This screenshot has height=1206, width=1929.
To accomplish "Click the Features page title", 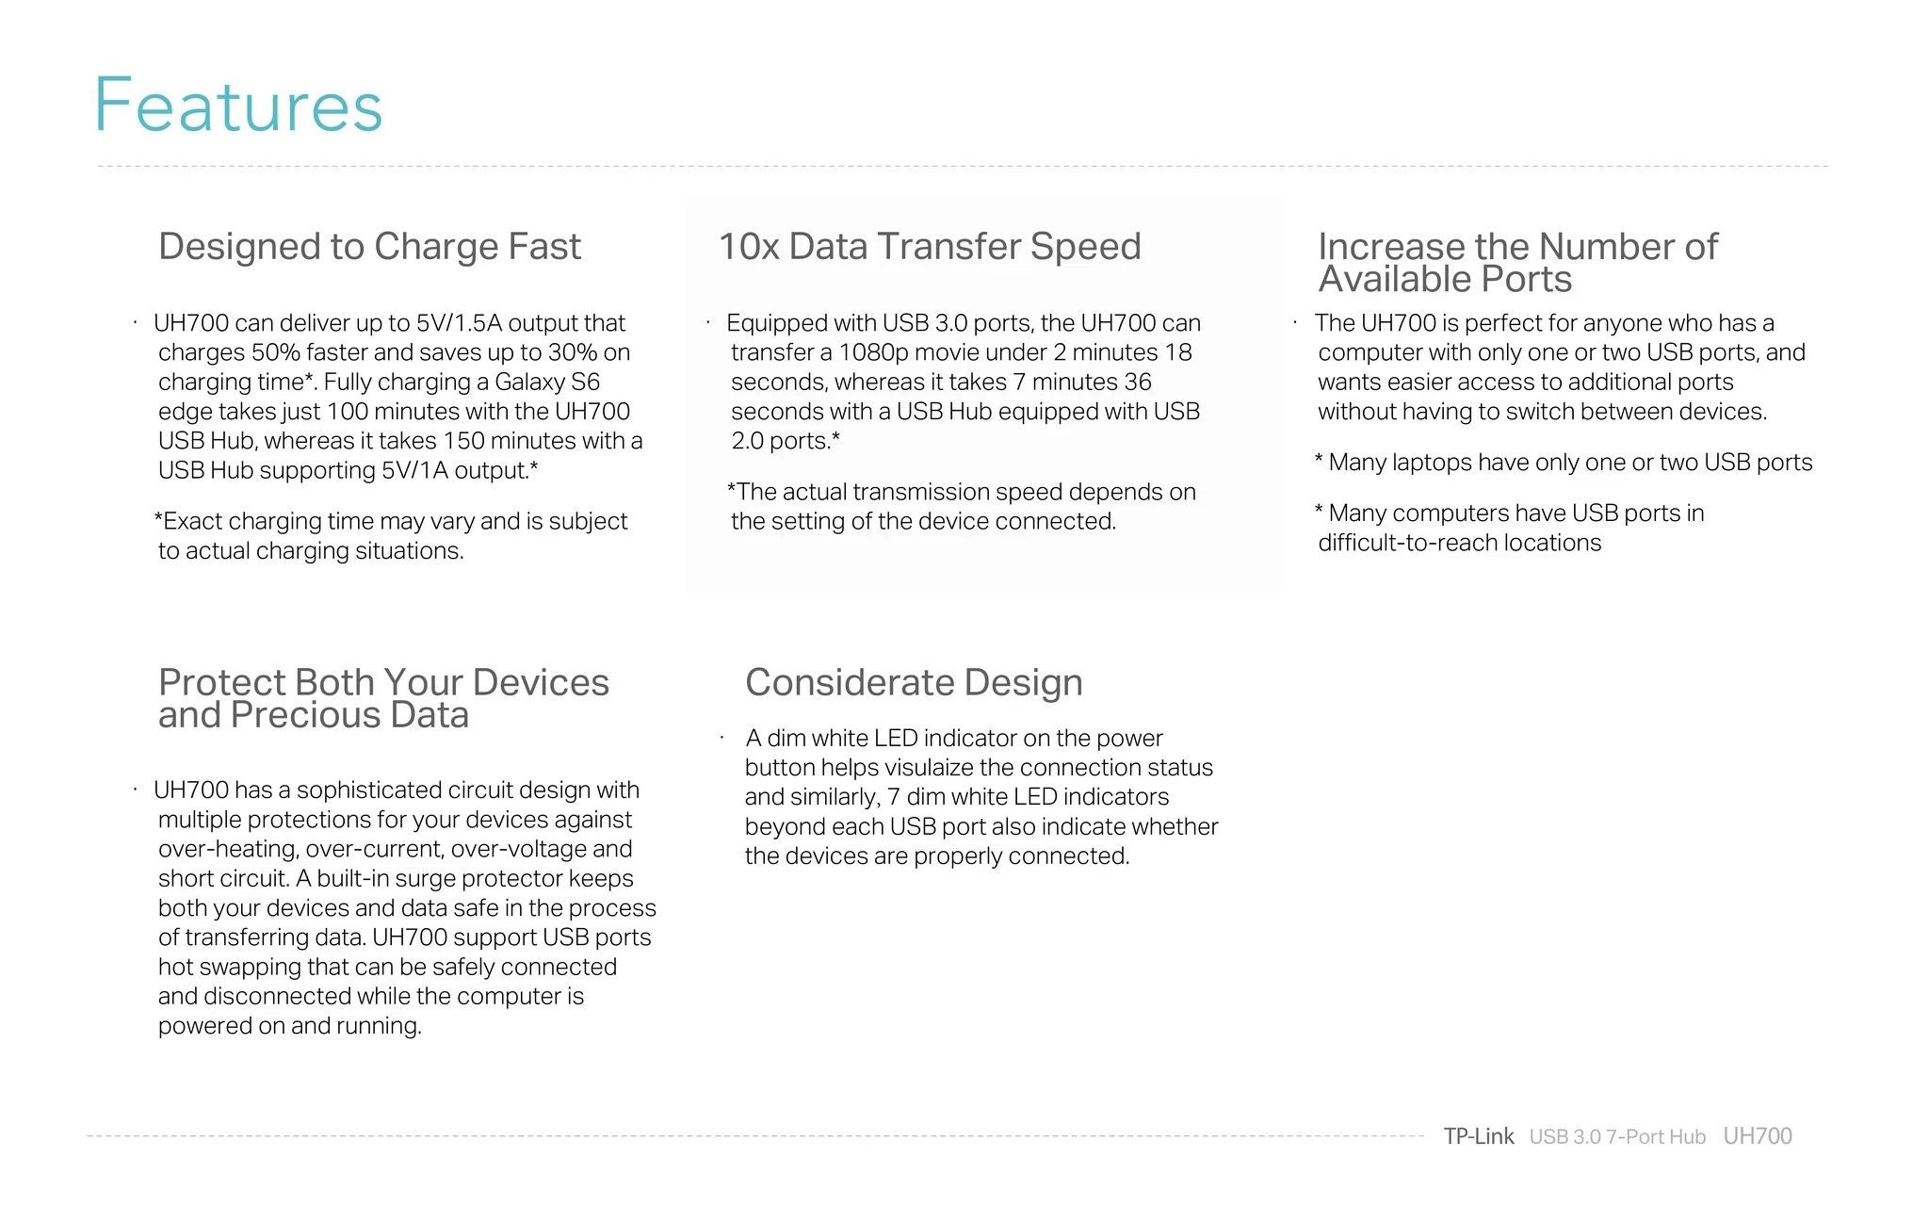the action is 238,105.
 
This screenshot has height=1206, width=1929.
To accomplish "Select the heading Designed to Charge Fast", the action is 369,247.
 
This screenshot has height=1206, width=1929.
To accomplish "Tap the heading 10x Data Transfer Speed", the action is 930,247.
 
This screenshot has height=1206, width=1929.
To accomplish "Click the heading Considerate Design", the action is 914,683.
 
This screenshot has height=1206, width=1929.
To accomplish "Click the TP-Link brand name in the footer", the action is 1479,1136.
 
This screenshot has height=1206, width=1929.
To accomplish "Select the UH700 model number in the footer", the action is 1758,1136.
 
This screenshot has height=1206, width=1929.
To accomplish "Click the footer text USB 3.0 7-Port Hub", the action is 1617,1137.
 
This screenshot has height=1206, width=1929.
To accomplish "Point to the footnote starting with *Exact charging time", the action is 391,536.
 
